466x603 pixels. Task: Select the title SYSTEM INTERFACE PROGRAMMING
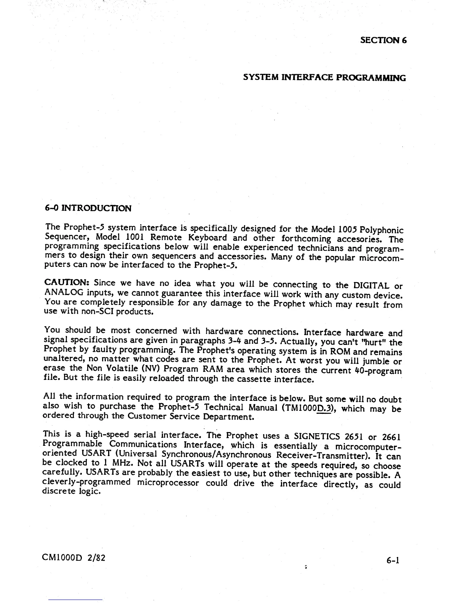(x=324, y=78)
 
